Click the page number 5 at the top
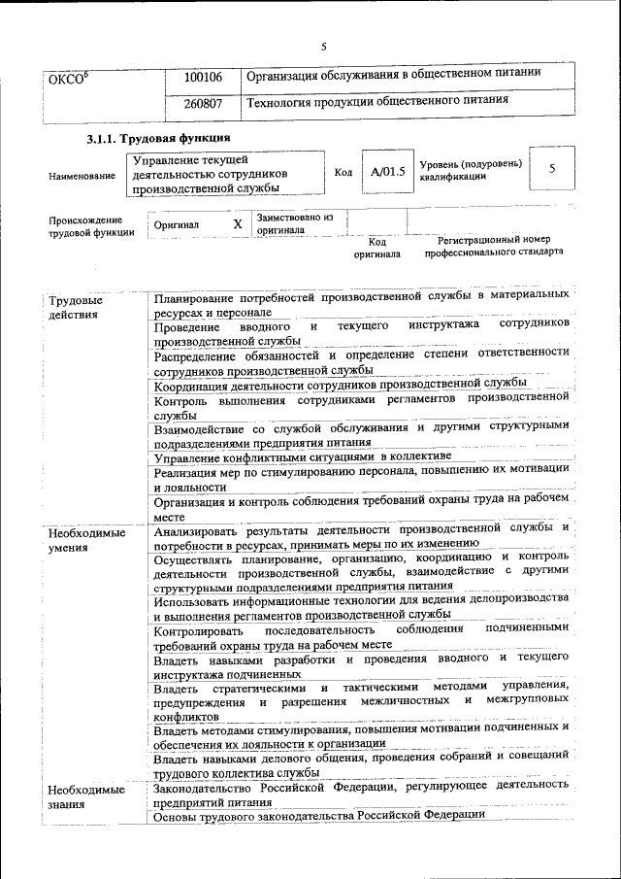click(x=324, y=46)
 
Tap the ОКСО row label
click(x=69, y=78)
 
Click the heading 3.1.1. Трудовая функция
click(x=157, y=140)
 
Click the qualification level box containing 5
click(x=552, y=169)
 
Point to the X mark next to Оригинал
click(x=238, y=224)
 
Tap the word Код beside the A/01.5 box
click(x=343, y=172)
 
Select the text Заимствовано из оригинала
click(x=295, y=224)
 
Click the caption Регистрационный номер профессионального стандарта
click(x=493, y=245)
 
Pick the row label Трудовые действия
click(x=76, y=308)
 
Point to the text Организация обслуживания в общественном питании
click(x=393, y=74)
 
